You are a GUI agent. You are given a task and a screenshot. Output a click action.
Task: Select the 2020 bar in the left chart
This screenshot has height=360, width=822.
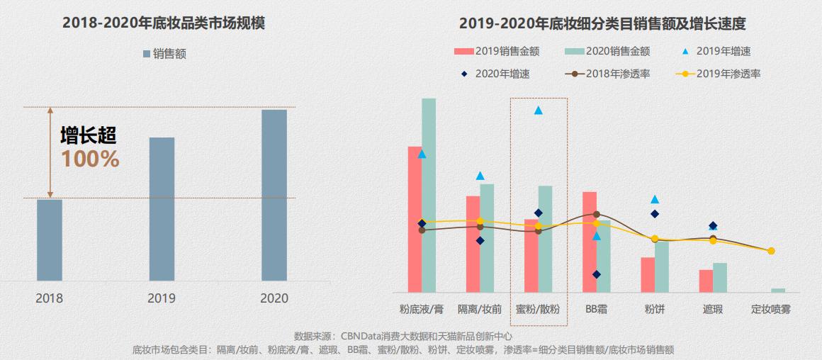[274, 195]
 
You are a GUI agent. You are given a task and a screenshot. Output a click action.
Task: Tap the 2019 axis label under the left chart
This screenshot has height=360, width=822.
[162, 298]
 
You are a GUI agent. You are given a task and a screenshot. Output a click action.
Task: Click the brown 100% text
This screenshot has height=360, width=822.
[90, 159]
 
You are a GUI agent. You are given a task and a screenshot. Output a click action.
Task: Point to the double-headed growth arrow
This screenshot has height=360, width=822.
[50, 152]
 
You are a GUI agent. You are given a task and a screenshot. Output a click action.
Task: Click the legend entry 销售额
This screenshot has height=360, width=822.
[164, 54]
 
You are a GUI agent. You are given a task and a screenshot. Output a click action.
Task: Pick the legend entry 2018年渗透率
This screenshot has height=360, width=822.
[611, 73]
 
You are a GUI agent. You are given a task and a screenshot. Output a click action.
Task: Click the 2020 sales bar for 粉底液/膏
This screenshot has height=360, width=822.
[429, 195]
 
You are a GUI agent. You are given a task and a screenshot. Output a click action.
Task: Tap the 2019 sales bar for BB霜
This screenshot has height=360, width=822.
[590, 242]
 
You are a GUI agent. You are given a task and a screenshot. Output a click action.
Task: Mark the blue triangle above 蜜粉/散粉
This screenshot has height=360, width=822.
[538, 111]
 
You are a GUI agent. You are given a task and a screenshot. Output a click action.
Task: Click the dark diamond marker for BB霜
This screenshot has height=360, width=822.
[597, 274]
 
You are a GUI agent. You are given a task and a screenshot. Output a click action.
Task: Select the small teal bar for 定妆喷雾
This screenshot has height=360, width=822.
[778, 290]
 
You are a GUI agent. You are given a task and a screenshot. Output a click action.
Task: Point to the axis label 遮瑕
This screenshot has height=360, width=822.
[713, 310]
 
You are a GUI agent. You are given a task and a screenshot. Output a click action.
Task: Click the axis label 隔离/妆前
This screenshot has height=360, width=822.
[480, 310]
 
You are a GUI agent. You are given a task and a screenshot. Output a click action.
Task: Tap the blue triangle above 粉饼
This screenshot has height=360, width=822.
[655, 200]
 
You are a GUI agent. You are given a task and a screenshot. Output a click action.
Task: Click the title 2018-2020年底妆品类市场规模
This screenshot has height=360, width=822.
[164, 23]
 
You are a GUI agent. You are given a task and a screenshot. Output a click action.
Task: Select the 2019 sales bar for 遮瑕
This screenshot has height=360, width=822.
[706, 281]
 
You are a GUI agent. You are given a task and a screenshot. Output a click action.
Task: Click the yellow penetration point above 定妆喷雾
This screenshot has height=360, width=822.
[771, 251]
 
